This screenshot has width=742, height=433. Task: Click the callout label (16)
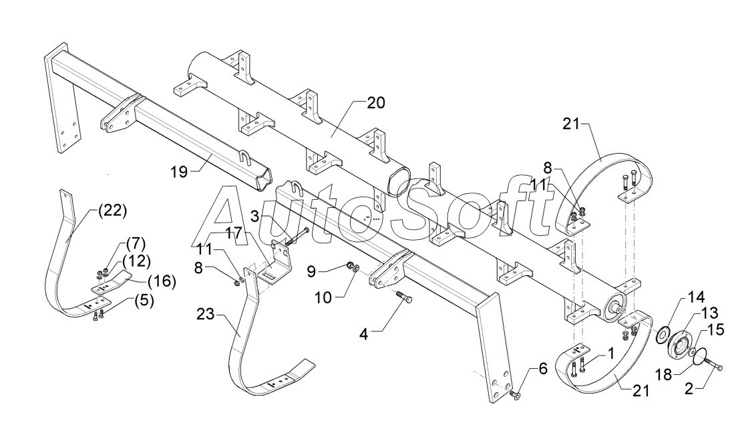(161, 281)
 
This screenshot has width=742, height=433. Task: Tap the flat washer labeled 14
(665, 331)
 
